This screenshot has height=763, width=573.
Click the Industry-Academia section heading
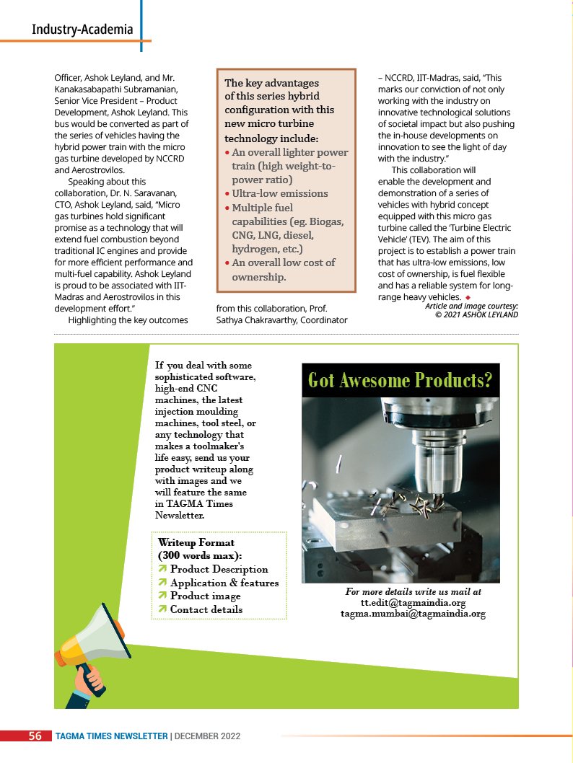tap(82, 30)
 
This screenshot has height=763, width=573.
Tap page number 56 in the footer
tap(35, 736)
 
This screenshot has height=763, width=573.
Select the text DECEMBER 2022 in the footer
tap(207, 736)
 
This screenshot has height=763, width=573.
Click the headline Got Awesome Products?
tap(401, 380)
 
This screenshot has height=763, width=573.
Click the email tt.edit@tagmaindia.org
tap(413, 602)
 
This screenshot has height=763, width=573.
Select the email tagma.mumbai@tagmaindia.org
tap(413, 614)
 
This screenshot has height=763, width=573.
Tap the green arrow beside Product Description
tap(163, 570)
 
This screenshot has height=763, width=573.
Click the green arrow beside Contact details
tap(163, 610)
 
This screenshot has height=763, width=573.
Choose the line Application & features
tap(224, 583)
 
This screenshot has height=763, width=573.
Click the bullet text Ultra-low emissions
tap(280, 193)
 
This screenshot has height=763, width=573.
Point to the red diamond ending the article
tap(468, 297)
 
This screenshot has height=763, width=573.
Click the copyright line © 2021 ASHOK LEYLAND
tap(476, 314)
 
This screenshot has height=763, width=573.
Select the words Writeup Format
tap(196, 542)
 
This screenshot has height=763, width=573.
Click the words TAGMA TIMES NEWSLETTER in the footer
tap(112, 736)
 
